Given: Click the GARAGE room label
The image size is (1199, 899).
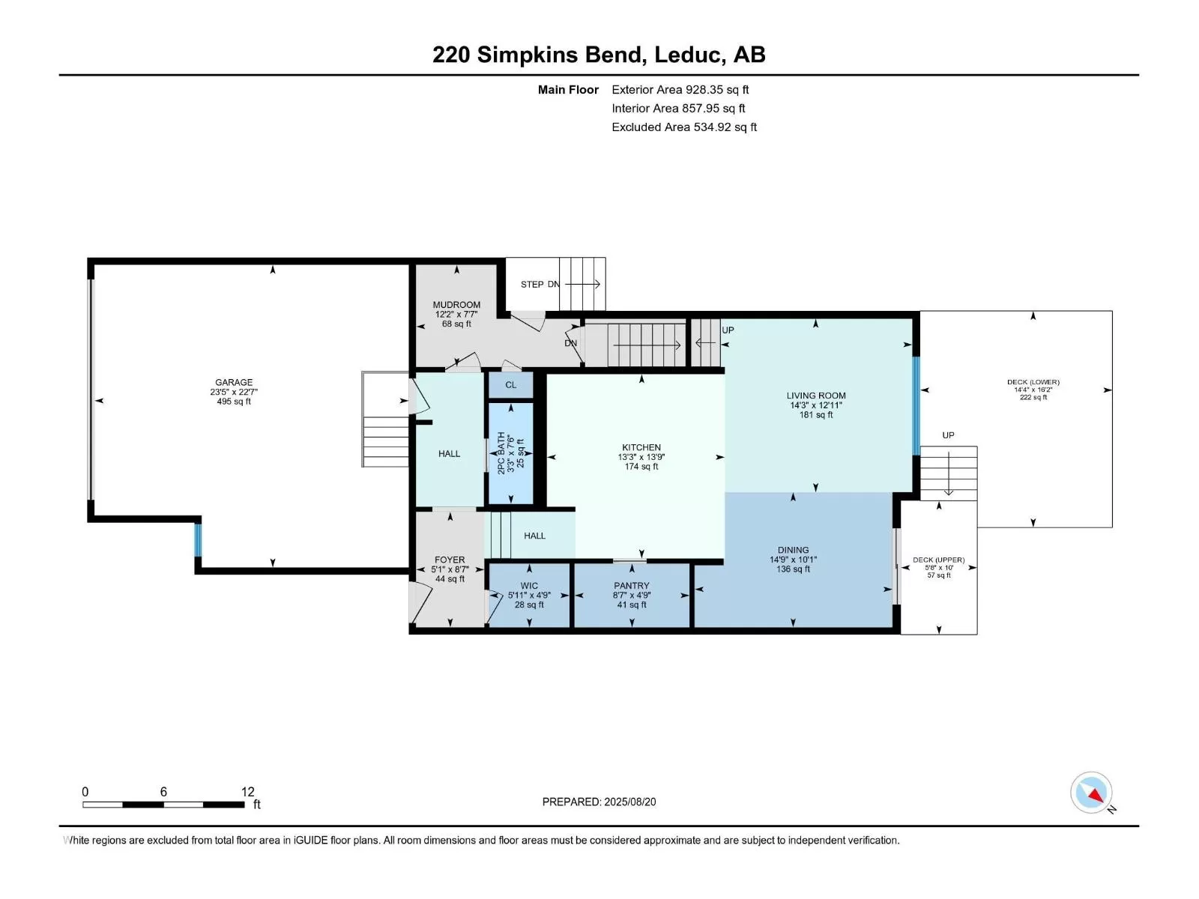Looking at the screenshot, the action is click(x=234, y=383).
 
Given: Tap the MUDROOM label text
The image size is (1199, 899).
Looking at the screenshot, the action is click(x=456, y=305).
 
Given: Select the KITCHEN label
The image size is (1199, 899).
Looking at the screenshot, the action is click(x=641, y=447).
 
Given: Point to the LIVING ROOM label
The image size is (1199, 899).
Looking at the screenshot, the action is click(x=816, y=396).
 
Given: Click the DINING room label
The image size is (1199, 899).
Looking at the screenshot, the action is click(x=793, y=550).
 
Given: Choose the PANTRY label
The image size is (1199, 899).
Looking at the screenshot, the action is click(x=632, y=586).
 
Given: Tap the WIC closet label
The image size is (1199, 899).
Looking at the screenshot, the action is click(x=529, y=586).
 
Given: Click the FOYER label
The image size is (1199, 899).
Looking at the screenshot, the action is click(x=450, y=560).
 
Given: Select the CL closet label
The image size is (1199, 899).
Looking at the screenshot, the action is click(x=511, y=385).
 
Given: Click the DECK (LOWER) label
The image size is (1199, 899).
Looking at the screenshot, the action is click(x=1033, y=382).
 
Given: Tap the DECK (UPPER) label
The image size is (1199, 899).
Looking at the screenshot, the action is click(x=938, y=560).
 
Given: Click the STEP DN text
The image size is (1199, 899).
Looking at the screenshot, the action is click(x=540, y=285).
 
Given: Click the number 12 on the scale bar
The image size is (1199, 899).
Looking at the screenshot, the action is click(x=247, y=791).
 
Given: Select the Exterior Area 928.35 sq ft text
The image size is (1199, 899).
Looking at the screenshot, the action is click(x=680, y=89).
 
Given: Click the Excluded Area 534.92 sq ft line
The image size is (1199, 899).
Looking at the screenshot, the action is click(x=684, y=127).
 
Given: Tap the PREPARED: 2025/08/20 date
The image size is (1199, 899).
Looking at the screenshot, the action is click(x=599, y=802).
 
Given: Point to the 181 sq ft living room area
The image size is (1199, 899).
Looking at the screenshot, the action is click(x=816, y=415).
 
